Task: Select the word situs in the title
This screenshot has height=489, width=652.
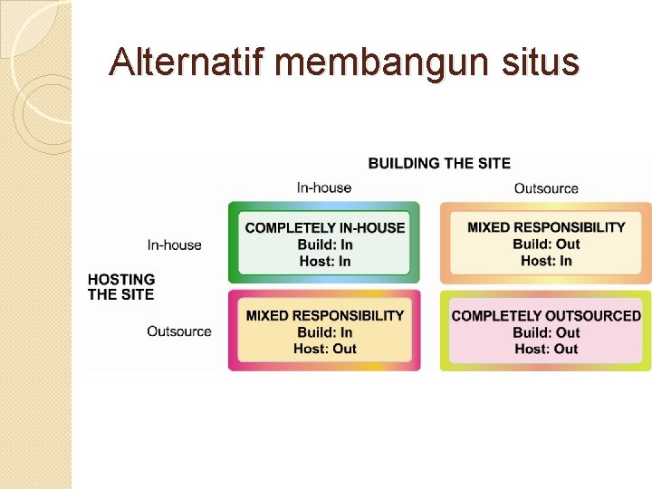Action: click(542, 62)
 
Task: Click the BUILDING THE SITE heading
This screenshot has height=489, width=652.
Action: click(439, 163)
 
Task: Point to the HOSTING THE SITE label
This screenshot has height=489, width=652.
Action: click(121, 287)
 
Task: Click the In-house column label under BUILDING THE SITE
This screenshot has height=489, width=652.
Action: click(324, 187)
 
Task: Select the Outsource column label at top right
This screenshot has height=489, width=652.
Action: click(546, 188)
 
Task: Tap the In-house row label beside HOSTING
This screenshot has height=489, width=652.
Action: click(175, 244)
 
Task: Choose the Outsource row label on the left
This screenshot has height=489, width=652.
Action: click(179, 331)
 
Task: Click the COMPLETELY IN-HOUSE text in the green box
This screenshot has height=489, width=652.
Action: click(325, 227)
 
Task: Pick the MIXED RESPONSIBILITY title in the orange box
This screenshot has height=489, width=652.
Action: click(546, 227)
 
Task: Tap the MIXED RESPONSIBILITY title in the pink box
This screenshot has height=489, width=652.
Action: click(325, 315)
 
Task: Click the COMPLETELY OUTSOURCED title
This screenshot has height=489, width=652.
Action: click(546, 316)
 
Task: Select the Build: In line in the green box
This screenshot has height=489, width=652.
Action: click(325, 244)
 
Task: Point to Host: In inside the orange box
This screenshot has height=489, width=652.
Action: click(546, 261)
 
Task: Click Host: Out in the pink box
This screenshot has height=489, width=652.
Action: click(325, 349)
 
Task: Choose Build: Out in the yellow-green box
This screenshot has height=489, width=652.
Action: click(546, 332)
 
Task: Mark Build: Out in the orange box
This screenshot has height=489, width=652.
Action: click(546, 244)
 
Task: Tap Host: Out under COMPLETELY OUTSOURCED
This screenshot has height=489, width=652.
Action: click(546, 349)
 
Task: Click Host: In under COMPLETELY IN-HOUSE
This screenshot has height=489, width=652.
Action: click(325, 262)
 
